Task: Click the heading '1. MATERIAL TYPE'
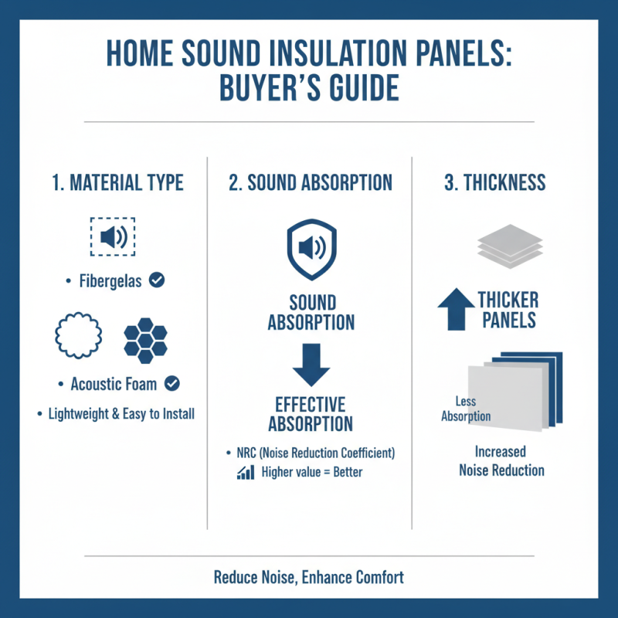(x=117, y=183)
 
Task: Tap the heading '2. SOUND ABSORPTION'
(x=311, y=183)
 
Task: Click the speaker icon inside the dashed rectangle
(x=113, y=236)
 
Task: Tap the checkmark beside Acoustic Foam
(x=173, y=382)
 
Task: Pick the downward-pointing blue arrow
(x=311, y=365)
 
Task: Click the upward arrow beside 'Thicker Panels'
(x=456, y=310)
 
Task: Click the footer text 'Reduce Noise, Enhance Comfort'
(x=309, y=577)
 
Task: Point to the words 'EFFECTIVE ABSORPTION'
(x=311, y=413)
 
